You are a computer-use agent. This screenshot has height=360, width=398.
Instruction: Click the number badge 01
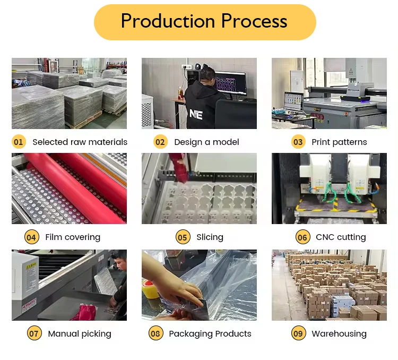click(19, 142)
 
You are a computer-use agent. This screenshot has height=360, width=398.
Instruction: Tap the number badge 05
click(183, 237)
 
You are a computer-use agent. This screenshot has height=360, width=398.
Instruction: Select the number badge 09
click(298, 333)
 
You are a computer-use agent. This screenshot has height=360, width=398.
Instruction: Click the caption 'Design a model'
click(206, 142)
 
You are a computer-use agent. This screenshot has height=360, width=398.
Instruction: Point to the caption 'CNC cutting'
click(341, 237)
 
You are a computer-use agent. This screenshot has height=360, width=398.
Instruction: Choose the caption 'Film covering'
click(73, 237)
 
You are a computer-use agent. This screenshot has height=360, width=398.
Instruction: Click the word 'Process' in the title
click(254, 21)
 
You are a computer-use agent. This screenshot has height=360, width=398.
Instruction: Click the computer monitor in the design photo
click(230, 84)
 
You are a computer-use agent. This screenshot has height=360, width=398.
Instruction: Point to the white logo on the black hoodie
click(196, 113)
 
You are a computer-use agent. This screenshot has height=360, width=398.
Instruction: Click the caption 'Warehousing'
click(339, 333)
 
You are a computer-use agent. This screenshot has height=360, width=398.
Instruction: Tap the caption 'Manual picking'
click(80, 333)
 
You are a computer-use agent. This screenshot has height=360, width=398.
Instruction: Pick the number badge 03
click(298, 142)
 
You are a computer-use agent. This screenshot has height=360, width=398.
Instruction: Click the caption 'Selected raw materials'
click(80, 142)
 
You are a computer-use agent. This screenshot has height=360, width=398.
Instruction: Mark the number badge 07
click(34, 333)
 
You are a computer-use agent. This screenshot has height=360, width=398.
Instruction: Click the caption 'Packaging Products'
click(210, 333)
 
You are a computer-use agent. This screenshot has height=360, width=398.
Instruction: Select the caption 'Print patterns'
click(339, 142)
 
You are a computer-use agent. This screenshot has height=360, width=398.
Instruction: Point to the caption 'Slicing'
click(210, 237)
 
